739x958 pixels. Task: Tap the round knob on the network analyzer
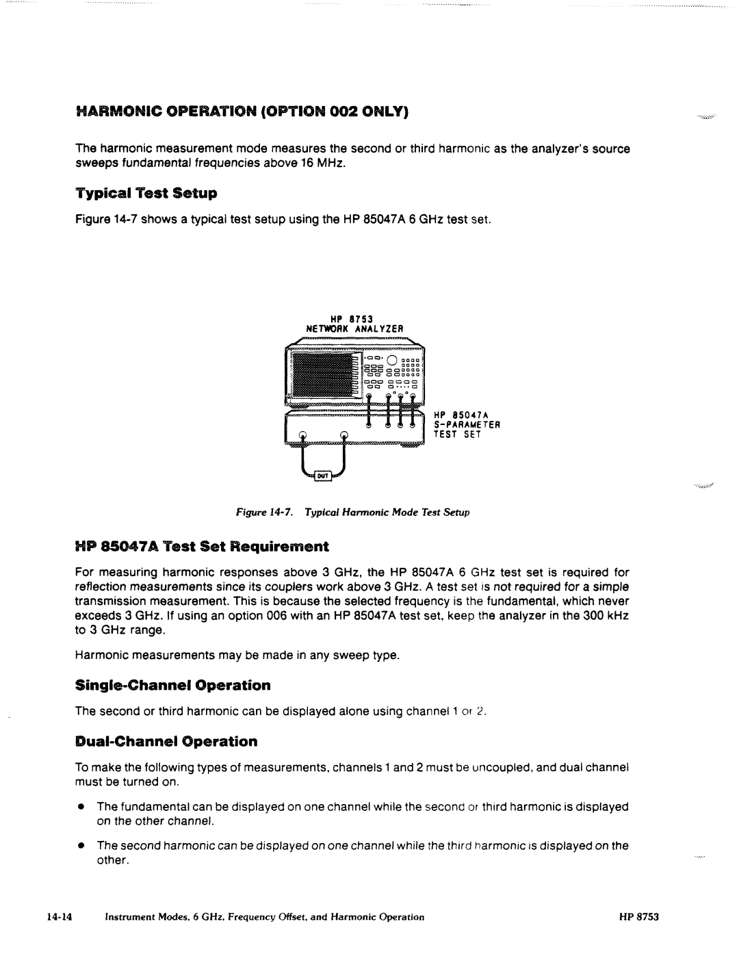click(391, 362)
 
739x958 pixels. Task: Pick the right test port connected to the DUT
click(343, 433)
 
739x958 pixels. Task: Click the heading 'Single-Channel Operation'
click(173, 685)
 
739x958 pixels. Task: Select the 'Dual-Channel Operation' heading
click(166, 741)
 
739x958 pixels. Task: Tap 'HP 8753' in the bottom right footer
click(639, 917)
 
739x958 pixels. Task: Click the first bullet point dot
click(80, 807)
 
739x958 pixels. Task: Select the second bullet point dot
click(80, 846)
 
